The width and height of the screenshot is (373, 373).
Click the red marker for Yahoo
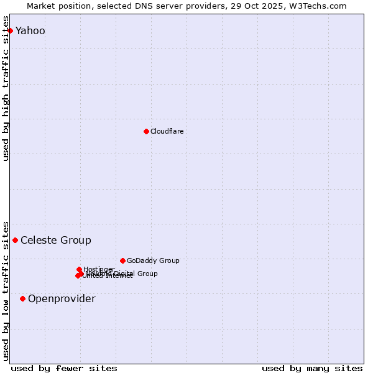10,30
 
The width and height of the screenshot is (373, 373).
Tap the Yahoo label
30,31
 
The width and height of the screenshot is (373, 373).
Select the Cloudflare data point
146,131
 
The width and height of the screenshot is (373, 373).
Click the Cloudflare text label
167,132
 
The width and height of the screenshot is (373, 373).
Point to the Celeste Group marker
15,240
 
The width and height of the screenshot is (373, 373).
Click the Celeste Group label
56,241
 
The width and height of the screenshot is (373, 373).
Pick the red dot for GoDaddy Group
122,260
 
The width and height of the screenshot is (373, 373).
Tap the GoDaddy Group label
153,261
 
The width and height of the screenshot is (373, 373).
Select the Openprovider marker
22,298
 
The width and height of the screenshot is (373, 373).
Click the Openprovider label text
62,299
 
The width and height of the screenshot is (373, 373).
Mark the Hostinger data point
79,269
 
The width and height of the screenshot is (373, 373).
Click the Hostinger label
99,269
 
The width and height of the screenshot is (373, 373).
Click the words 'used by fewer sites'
64,368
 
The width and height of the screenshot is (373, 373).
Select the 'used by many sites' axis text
312,368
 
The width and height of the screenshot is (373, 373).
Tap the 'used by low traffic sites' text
6,290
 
